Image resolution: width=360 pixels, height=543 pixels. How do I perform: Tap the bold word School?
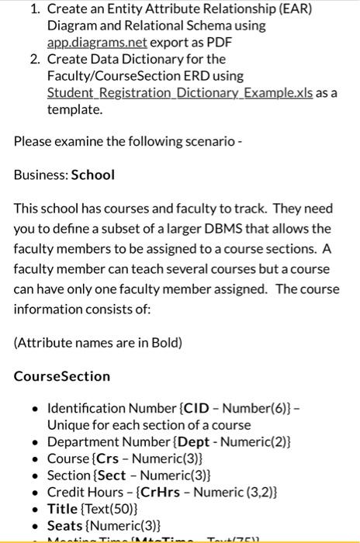(x=92, y=175)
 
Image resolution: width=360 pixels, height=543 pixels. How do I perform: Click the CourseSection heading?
(x=62, y=376)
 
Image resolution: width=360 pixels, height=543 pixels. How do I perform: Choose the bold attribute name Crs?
(x=109, y=459)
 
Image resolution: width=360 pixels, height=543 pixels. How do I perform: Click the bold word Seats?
(x=65, y=527)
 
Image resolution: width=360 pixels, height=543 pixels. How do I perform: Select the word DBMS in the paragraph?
(x=239, y=229)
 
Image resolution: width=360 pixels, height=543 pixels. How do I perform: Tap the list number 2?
(x=36, y=59)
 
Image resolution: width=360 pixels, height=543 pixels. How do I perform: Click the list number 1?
(x=35, y=9)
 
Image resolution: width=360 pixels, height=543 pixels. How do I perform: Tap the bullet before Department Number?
(x=35, y=443)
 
